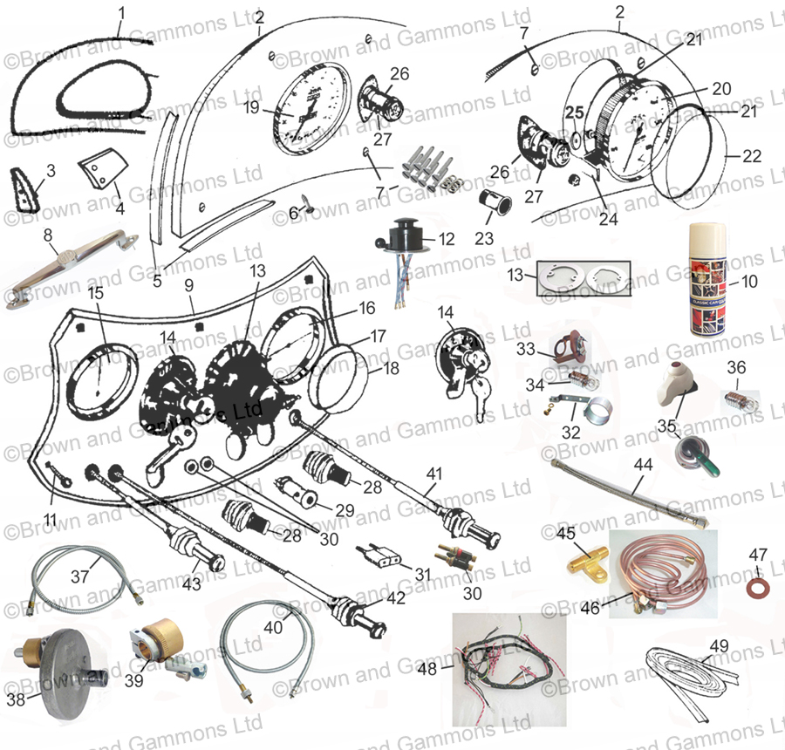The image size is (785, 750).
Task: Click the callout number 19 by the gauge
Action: click(x=251, y=108)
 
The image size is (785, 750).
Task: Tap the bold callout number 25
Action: click(x=572, y=112)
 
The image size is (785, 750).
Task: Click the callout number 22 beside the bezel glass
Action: click(x=752, y=157)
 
